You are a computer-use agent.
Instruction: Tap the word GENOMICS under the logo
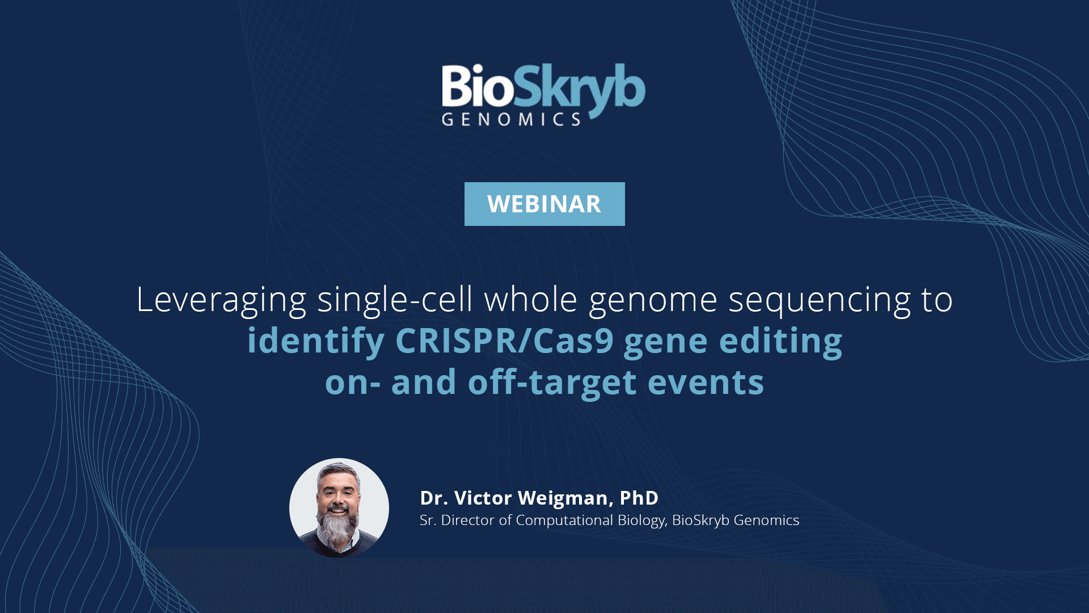511,119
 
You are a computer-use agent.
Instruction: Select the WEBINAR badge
544,204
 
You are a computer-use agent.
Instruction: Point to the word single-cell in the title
395,299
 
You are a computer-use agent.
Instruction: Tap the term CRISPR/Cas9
504,341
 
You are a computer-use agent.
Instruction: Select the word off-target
552,382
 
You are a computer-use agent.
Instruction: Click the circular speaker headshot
339,508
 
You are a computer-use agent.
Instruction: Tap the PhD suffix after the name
639,498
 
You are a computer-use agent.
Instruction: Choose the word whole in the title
530,299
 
